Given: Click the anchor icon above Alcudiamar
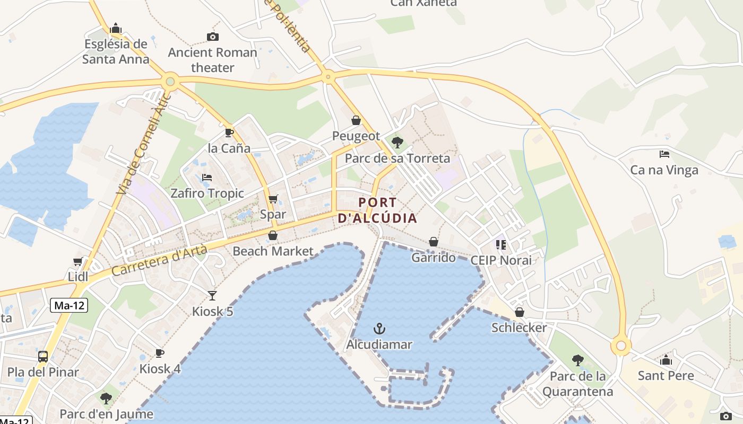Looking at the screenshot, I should pyautogui.click(x=379, y=329).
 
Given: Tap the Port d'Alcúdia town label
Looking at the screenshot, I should pyautogui.click(x=377, y=210).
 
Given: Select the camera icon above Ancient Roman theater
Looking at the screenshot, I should pyautogui.click(x=213, y=37).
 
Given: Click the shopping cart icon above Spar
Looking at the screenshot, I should pyautogui.click(x=273, y=199).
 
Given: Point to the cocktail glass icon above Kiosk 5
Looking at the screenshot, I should pyautogui.click(x=212, y=295).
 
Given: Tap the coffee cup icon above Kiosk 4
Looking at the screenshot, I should pyautogui.click(x=159, y=353).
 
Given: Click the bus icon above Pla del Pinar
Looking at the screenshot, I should pyautogui.click(x=43, y=356).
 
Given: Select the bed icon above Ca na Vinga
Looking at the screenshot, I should pyautogui.click(x=664, y=154).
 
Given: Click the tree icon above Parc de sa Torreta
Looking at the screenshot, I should pyautogui.click(x=397, y=142).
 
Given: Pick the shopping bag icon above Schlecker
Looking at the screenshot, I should pyautogui.click(x=520, y=312).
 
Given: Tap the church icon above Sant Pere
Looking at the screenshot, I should pyautogui.click(x=666, y=360).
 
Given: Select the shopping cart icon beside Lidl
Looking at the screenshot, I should pyautogui.click(x=77, y=261).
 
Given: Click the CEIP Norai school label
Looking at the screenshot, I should pyautogui.click(x=500, y=260).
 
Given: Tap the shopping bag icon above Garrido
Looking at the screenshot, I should pyautogui.click(x=434, y=242).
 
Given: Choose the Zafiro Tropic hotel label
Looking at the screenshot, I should pyautogui.click(x=207, y=193).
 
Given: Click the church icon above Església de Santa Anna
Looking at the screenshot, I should pyautogui.click(x=116, y=29).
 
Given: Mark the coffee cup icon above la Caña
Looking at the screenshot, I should pyautogui.click(x=229, y=132).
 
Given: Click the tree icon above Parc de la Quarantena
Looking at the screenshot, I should pyautogui.click(x=577, y=360).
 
